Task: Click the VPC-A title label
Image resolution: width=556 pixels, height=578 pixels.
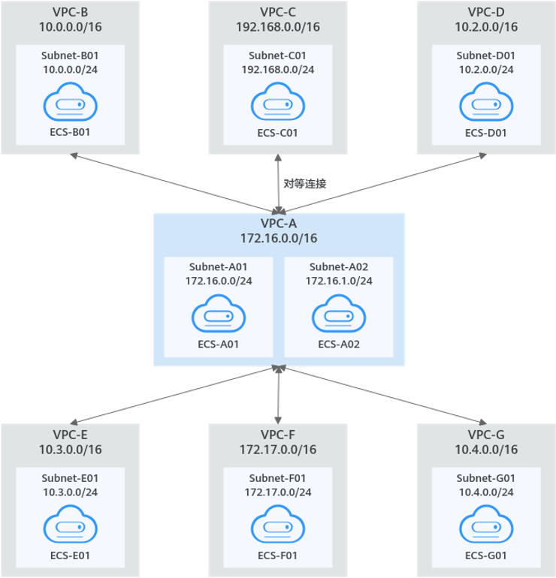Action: click(x=279, y=224)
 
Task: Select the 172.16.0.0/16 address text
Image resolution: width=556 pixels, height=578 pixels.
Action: click(x=279, y=239)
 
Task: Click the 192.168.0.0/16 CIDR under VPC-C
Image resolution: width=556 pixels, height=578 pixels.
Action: click(x=278, y=27)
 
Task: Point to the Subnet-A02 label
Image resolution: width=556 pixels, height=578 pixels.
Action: click(x=338, y=266)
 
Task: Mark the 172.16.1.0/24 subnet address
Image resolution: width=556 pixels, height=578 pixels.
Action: click(x=338, y=280)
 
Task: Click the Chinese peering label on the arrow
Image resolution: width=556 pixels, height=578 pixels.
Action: click(x=304, y=183)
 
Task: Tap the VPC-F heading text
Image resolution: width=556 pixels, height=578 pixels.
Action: click(x=278, y=435)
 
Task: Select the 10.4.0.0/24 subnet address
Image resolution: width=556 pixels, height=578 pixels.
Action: click(x=485, y=492)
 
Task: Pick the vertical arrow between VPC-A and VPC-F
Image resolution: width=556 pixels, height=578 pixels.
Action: click(x=279, y=394)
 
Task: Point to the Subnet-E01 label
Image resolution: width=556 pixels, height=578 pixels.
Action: click(x=70, y=477)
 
